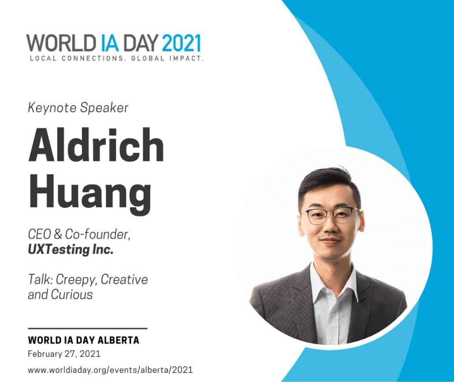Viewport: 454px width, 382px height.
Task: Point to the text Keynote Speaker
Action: [x=78, y=108]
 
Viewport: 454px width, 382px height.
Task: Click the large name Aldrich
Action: [x=96, y=144]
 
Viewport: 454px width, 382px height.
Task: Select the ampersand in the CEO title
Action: [x=58, y=234]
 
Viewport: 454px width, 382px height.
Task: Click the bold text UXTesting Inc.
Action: [x=71, y=249]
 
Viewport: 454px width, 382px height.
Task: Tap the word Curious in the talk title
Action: [x=72, y=295]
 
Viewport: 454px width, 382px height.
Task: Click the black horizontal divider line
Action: [x=88, y=328]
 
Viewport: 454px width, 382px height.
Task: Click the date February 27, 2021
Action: [x=64, y=354]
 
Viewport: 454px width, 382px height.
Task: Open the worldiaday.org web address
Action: [x=110, y=370]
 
